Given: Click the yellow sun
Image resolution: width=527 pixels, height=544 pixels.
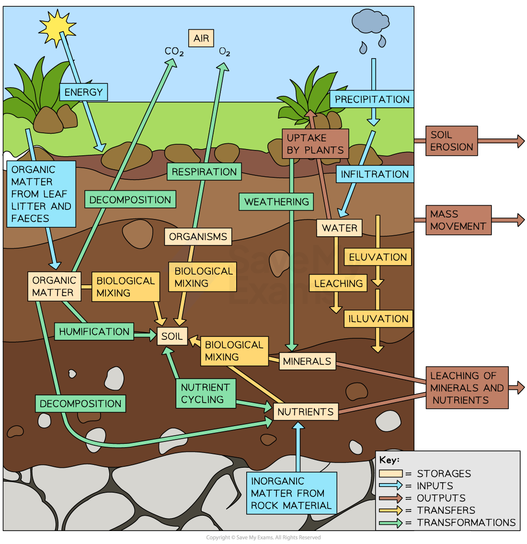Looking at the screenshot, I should tap(57, 27).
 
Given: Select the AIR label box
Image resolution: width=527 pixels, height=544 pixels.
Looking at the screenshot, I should tap(201, 38).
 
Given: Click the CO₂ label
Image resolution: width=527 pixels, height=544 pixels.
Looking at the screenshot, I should tap(174, 51).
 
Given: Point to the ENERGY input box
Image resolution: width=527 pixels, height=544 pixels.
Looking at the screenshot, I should tap(83, 92).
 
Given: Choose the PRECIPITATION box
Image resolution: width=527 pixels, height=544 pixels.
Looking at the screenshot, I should tap(372, 99).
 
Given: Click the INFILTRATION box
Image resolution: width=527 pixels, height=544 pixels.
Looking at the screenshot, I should tap(375, 174).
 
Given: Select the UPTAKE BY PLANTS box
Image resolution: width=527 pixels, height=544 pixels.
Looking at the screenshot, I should tap(315, 144).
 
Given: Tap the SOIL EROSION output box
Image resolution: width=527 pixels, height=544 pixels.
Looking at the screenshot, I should tap(451, 141).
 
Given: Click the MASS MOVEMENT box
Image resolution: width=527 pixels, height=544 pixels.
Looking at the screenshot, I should tap(458, 220).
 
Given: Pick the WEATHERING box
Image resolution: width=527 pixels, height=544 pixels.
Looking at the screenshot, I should tap(276, 202).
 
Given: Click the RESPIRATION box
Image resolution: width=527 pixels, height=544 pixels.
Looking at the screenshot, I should tap(204, 172).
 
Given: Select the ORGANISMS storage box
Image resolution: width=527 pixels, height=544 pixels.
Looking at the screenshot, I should tap(198, 236).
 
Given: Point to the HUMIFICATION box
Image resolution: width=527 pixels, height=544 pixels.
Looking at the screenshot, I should tap(94, 331).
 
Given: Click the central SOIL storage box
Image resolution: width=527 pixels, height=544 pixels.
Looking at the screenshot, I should tap(172, 336).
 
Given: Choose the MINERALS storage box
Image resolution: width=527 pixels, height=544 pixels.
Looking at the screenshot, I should tap(307, 361).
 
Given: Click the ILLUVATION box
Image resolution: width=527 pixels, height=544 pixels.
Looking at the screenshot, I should tap(378, 319).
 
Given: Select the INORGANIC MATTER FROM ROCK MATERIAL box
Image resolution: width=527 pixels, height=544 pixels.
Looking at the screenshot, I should tap(291, 493).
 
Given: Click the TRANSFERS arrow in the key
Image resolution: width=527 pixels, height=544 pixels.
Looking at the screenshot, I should tap(391, 510).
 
